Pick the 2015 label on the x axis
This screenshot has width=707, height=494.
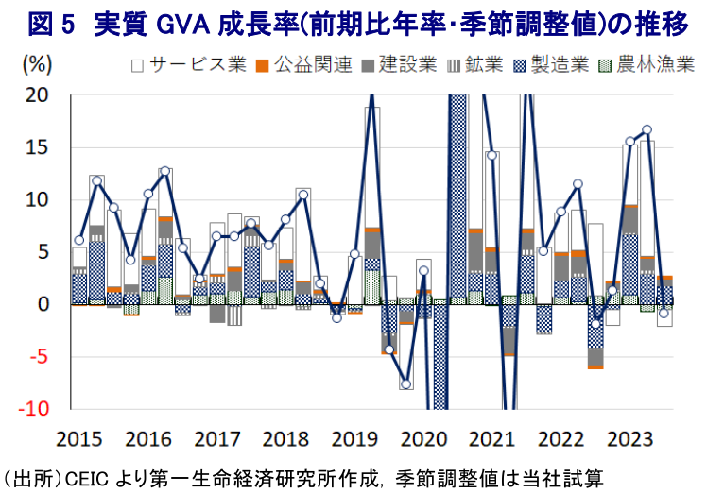point(78,439)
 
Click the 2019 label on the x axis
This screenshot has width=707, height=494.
point(354,439)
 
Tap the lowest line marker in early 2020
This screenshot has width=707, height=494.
point(406,384)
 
